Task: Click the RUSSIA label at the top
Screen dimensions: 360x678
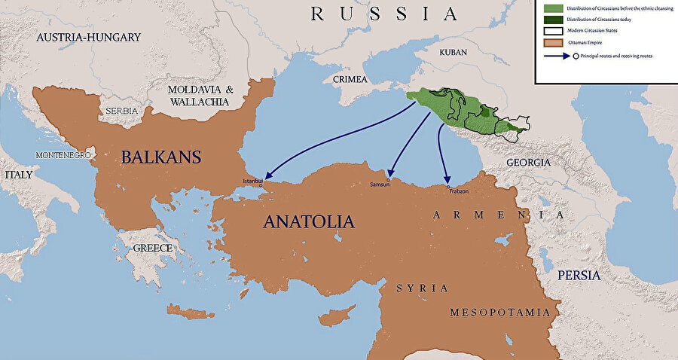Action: (x=384, y=14)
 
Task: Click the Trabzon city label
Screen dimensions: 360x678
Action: (x=458, y=191)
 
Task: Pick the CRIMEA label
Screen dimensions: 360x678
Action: (x=347, y=79)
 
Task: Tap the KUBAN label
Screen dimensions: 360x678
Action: (x=452, y=53)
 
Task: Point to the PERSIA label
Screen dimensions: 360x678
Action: (x=579, y=275)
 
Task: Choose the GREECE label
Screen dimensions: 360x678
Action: (x=153, y=248)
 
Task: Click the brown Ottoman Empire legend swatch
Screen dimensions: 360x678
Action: (x=548, y=42)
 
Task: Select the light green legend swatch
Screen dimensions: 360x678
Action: (x=548, y=8)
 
